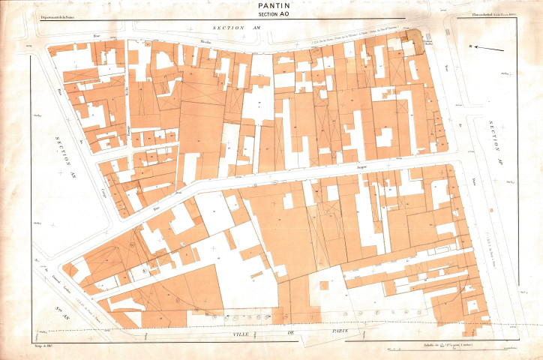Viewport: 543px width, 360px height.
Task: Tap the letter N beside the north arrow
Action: [472, 47]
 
